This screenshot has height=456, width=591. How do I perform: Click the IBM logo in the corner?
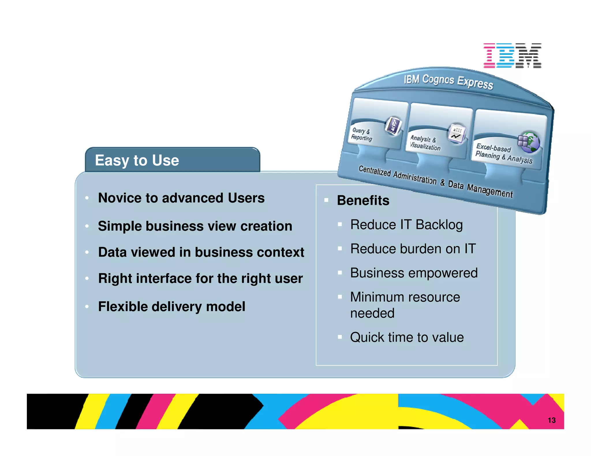(512, 56)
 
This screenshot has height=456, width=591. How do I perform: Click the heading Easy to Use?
(137, 160)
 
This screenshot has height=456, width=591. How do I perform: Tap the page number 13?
(551, 420)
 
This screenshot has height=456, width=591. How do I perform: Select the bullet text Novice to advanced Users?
(181, 198)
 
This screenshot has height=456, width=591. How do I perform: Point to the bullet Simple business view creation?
(195, 226)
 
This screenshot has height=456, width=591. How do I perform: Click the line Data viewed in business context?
(201, 252)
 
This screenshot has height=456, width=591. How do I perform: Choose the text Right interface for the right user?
(200, 278)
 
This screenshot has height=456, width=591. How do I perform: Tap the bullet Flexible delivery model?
(171, 306)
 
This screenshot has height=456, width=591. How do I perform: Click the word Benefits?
(363, 200)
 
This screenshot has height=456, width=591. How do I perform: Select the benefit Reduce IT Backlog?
(406, 225)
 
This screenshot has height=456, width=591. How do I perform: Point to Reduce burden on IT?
(413, 249)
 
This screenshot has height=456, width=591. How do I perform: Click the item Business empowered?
(414, 273)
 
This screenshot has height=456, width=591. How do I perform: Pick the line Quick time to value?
(407, 337)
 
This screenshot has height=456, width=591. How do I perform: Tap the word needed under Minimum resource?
(372, 313)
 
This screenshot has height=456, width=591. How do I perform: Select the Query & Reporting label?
(361, 134)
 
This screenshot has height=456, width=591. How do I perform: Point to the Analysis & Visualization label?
(425, 143)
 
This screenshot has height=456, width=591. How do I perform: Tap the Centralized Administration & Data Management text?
(435, 182)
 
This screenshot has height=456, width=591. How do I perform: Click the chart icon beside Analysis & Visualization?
(457, 133)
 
